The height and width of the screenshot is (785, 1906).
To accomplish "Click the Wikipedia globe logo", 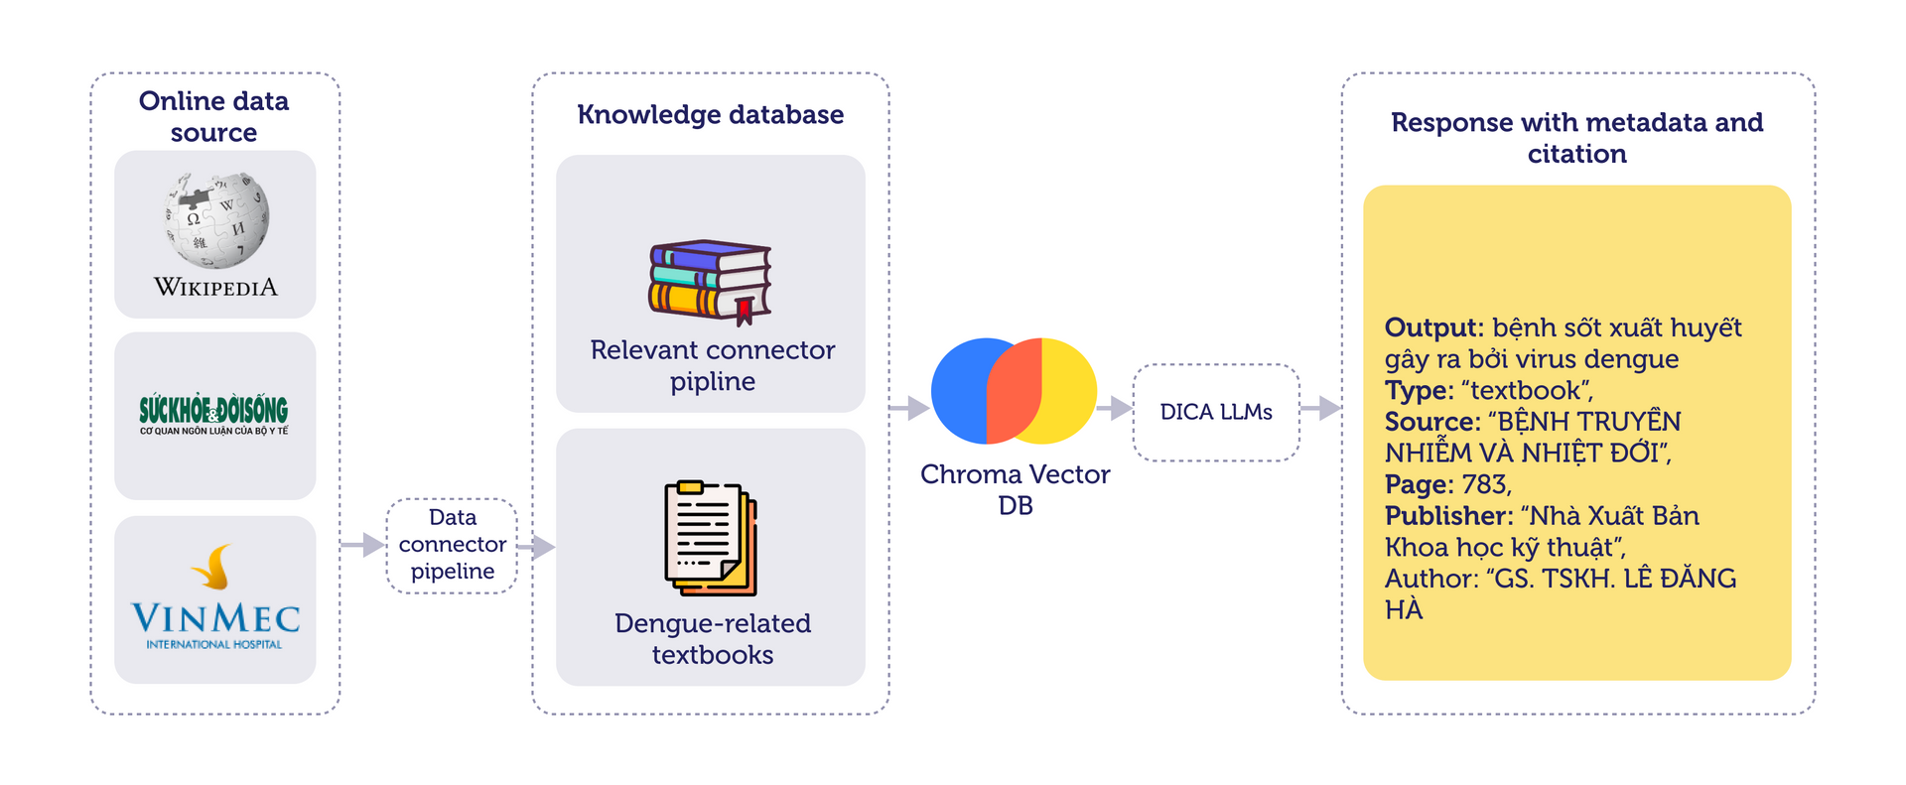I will click(x=215, y=221).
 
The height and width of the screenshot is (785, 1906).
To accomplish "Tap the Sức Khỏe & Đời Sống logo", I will click(x=213, y=415).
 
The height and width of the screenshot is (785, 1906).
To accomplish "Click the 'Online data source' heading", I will click(x=213, y=117).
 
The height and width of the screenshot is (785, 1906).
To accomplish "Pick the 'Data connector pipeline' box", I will click(x=452, y=545).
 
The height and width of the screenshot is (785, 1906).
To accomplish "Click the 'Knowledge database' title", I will click(x=711, y=115).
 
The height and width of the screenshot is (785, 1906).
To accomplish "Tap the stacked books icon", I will click(x=710, y=282).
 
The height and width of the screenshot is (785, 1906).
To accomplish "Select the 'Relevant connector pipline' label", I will click(x=712, y=365).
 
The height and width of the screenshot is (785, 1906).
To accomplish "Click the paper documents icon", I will click(x=711, y=538).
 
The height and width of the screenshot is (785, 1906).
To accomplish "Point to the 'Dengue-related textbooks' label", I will click(x=712, y=638).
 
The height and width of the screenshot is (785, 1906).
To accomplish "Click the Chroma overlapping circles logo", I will click(x=1014, y=391).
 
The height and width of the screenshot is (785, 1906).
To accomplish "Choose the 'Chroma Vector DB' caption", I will click(x=1015, y=489).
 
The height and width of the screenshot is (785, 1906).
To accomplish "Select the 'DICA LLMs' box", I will click(x=1216, y=412).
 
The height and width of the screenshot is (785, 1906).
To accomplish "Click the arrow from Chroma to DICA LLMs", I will click(x=1115, y=408).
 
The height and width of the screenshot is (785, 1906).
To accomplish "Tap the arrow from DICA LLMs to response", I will click(x=1320, y=408).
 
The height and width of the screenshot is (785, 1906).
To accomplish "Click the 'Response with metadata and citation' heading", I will click(x=1576, y=138).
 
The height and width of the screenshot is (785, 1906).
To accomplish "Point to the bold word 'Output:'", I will click(x=1433, y=327).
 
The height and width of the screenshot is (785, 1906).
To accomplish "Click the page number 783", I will click(x=1485, y=484).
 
